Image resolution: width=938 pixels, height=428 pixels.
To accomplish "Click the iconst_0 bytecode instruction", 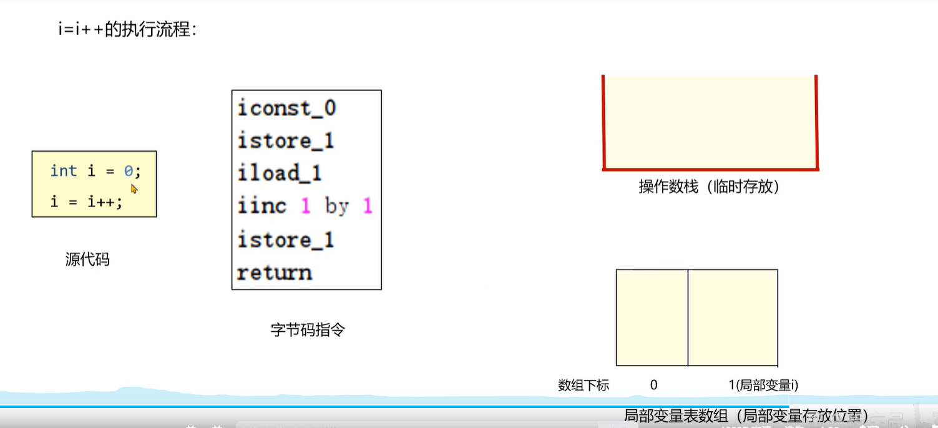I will click(x=286, y=109).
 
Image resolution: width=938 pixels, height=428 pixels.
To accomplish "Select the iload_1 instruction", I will click(x=279, y=173).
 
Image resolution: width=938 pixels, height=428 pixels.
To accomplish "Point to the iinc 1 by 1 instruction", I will click(x=305, y=206).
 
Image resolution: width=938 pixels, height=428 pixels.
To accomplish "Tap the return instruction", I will click(x=274, y=273).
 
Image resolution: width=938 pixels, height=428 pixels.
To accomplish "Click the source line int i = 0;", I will click(x=95, y=171).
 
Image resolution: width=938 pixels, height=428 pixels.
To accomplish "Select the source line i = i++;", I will click(x=86, y=202).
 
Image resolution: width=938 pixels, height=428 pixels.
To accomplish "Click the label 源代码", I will click(x=87, y=259).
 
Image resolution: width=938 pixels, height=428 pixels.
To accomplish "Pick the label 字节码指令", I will click(x=308, y=330).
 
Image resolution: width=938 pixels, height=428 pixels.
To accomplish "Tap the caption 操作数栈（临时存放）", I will click(x=709, y=187).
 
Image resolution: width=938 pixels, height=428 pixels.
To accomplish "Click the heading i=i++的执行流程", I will click(x=127, y=29).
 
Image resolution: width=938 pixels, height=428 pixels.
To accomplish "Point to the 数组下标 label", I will click(x=584, y=386).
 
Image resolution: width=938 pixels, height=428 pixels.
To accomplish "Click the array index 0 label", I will click(x=653, y=386).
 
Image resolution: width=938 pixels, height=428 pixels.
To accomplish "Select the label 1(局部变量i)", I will click(x=763, y=386).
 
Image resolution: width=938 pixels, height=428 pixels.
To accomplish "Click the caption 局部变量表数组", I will click(x=746, y=416).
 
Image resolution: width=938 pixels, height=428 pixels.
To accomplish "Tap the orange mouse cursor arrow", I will click(x=134, y=188).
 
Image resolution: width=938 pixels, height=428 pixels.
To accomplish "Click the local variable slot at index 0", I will click(x=652, y=318).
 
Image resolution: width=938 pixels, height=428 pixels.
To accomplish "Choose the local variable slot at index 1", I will click(x=733, y=318).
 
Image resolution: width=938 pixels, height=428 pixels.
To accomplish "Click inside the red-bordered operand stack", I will click(x=710, y=122).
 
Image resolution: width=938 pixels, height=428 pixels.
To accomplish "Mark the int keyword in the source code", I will click(x=64, y=171).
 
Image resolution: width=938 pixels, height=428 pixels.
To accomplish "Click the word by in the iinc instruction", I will click(x=337, y=206).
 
